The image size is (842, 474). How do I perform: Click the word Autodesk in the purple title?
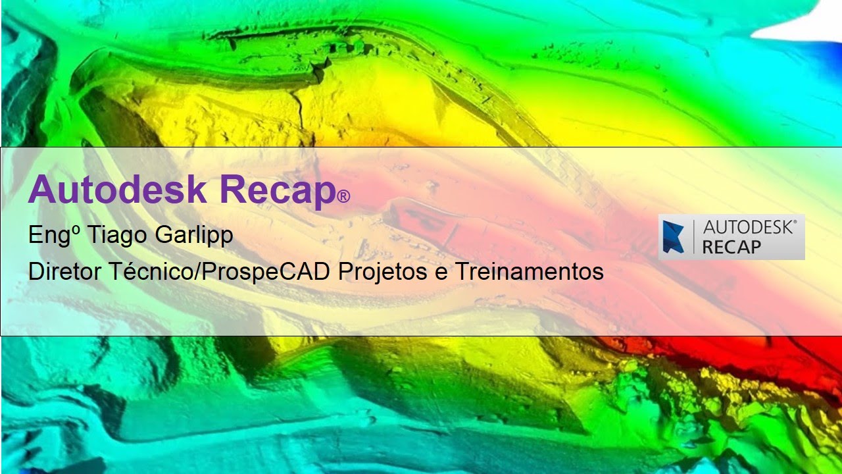coord(117,189)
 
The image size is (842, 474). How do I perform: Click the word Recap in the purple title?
coord(277,190)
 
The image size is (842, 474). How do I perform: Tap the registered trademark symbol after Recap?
coord(343,196)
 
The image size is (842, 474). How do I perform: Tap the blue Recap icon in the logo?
coord(674,237)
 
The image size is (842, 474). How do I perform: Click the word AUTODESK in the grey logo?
coord(750,228)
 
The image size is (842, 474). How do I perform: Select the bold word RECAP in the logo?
coord(731,247)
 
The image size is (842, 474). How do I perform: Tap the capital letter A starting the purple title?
coord(41,189)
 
